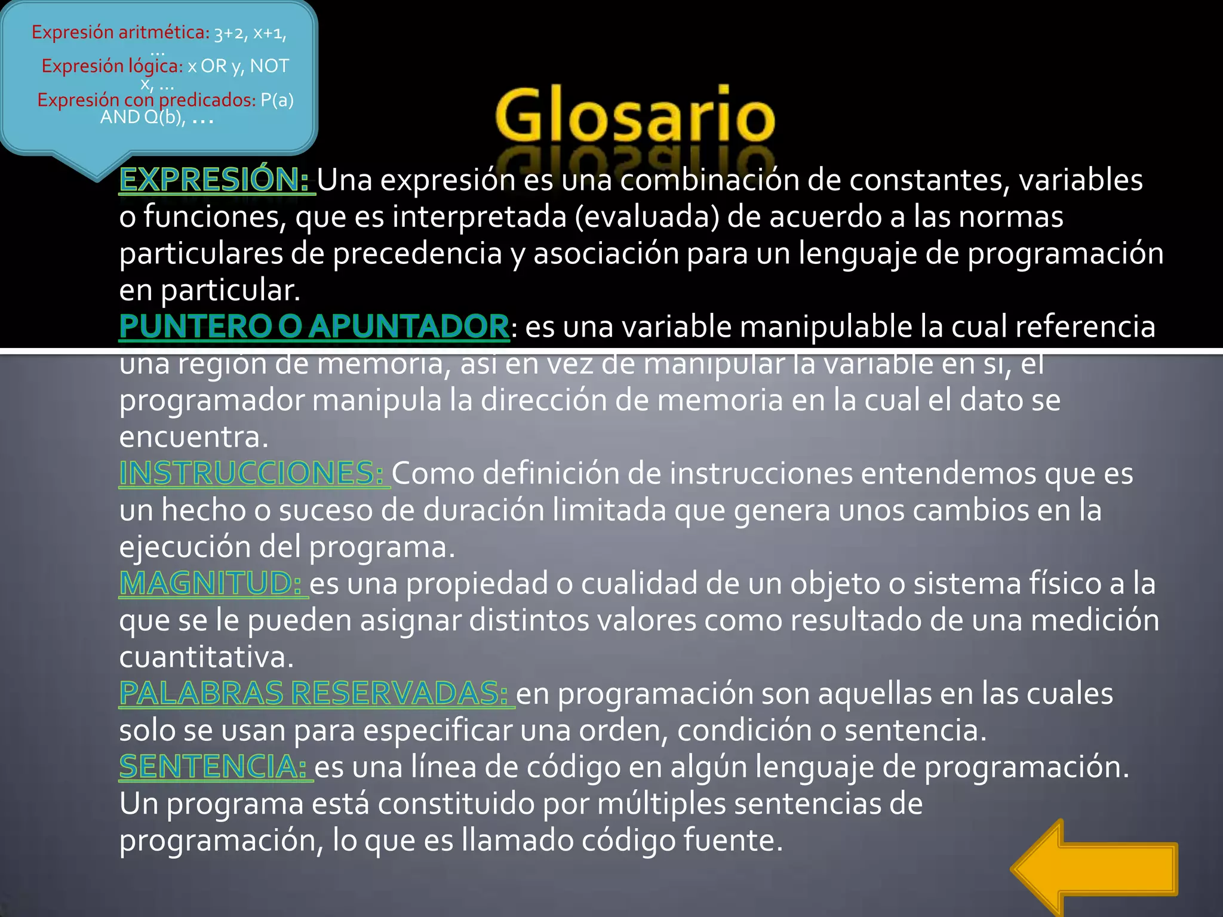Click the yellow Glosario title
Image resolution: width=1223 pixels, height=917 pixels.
click(635, 115)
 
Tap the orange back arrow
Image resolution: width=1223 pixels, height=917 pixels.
click(1094, 869)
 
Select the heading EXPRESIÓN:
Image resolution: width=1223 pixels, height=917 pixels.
click(214, 180)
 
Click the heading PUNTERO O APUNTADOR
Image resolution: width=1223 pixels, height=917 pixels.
click(314, 327)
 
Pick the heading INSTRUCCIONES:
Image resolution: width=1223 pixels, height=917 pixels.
click(251, 473)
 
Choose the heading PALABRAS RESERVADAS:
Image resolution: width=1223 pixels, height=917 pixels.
click(314, 693)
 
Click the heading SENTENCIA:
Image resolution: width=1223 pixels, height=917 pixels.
click(213, 767)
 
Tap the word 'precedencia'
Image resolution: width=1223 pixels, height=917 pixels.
click(417, 253)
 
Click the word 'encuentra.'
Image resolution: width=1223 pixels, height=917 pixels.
click(194, 437)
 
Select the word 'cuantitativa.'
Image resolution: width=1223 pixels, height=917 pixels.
click(207, 657)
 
